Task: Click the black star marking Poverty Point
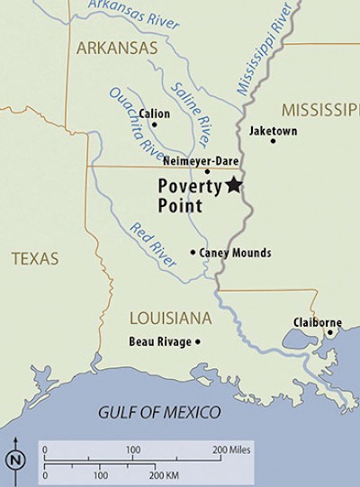click(234, 185)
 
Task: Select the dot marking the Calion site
click(154, 124)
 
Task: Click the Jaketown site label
click(273, 131)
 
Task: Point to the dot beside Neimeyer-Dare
click(207, 171)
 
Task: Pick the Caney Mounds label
click(235, 253)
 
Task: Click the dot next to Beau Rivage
click(197, 342)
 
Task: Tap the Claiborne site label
click(315, 321)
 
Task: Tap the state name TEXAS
click(34, 259)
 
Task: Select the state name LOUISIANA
click(170, 318)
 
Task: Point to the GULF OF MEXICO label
click(159, 413)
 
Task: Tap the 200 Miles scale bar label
click(231, 448)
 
